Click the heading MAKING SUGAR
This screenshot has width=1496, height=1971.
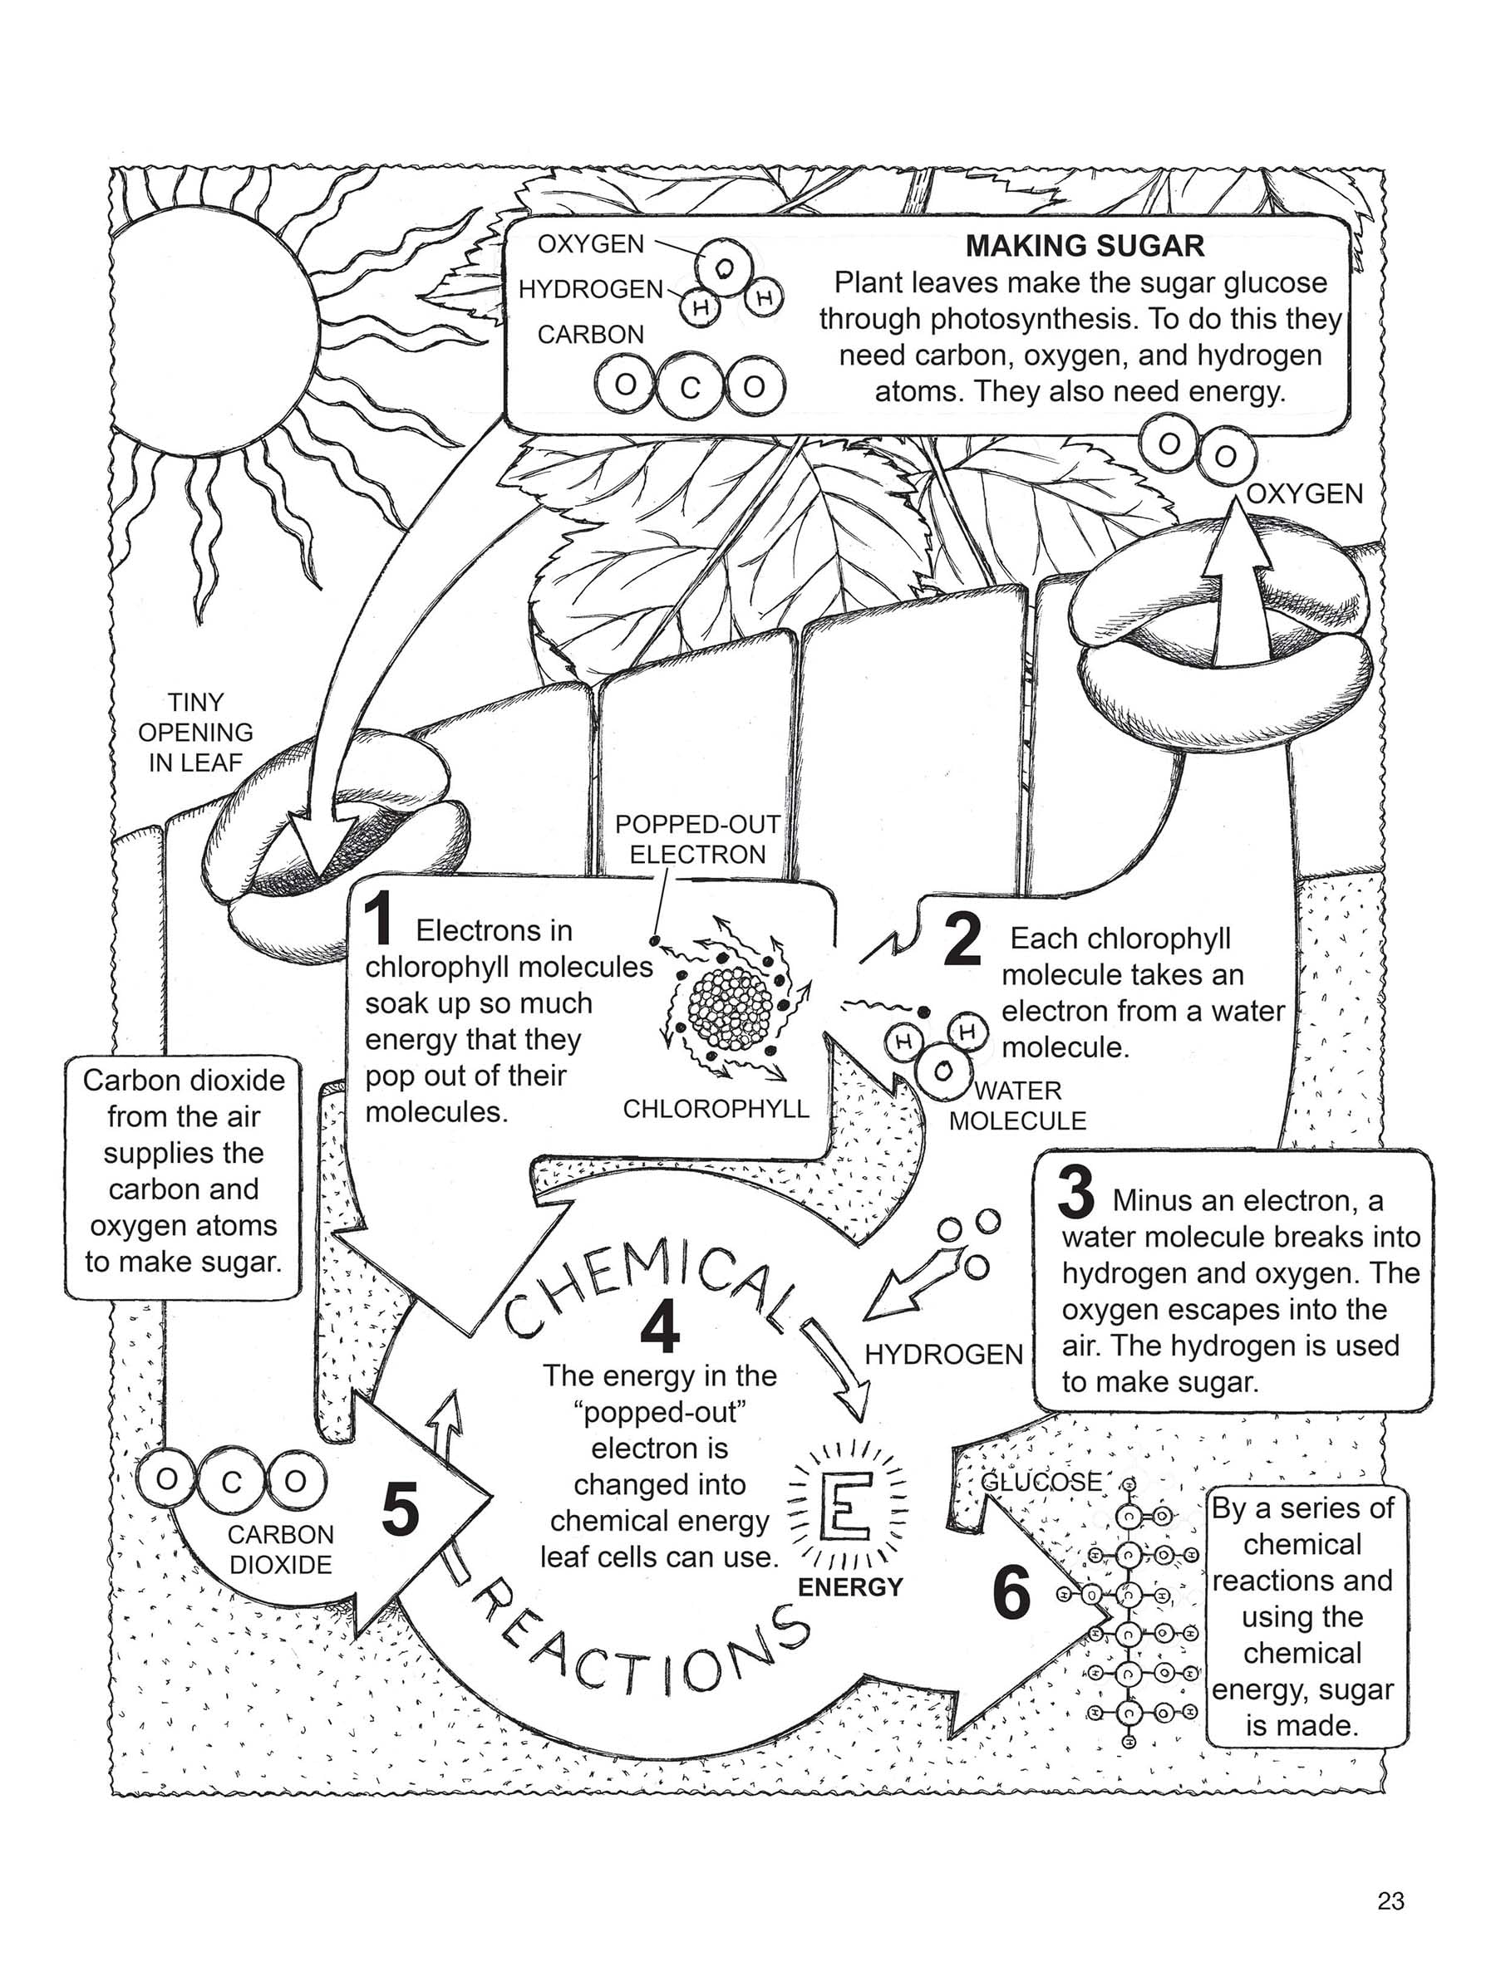(x=1085, y=245)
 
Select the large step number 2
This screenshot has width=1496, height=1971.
(x=963, y=939)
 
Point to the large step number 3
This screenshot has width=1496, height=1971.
(x=1076, y=1192)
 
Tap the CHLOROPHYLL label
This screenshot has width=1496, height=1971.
(x=716, y=1109)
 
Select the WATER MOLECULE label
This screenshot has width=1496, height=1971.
(x=1017, y=1106)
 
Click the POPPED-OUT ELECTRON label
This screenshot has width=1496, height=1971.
(x=698, y=840)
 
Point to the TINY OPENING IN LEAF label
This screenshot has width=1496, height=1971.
(x=195, y=733)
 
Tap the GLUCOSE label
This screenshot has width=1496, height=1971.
(x=1041, y=1482)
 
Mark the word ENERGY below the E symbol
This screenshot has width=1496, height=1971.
(x=850, y=1587)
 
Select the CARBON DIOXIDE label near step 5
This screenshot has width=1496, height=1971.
(x=280, y=1550)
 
